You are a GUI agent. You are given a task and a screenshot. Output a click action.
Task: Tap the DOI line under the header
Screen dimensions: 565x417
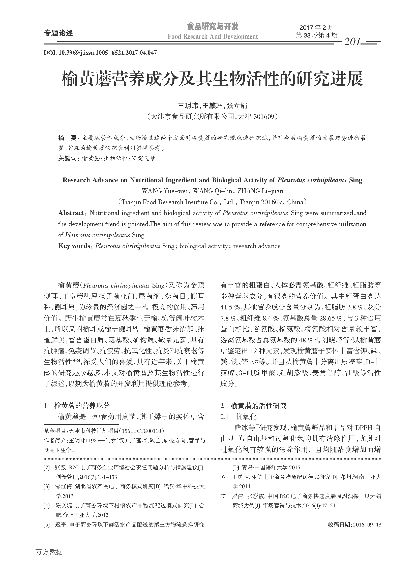(x=100, y=53)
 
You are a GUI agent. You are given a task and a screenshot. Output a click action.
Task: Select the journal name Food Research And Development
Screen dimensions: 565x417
(x=213, y=37)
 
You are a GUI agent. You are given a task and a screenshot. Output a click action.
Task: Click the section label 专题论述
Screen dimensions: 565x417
(x=58, y=33)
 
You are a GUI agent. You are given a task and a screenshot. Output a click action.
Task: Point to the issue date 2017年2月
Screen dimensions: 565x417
(x=316, y=27)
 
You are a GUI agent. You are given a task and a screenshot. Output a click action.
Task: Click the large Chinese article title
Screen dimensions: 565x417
(x=212, y=79)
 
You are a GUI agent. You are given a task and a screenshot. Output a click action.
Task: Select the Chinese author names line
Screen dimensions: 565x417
(x=213, y=105)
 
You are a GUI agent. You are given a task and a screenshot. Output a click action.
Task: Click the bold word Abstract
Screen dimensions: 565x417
(x=71, y=213)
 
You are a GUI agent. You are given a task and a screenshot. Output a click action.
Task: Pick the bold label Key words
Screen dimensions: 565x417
(x=74, y=246)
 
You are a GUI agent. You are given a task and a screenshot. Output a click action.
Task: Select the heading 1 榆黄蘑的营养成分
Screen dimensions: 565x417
(x=77, y=406)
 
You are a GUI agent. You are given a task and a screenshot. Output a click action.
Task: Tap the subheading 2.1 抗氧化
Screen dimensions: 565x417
(x=238, y=416)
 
